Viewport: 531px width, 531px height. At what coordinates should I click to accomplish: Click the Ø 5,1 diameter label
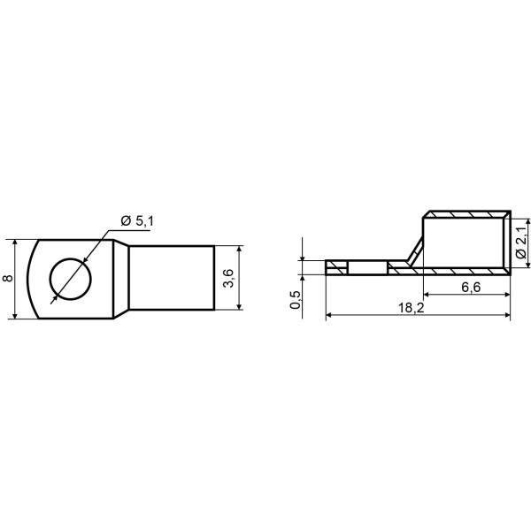tap(137, 221)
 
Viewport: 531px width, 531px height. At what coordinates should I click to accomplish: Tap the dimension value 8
tap(8, 279)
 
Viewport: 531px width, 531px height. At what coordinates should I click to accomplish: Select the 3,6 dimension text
tap(229, 279)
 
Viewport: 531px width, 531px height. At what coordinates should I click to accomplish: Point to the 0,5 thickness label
tap(296, 300)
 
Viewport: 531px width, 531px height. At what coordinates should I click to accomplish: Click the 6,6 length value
tap(471, 287)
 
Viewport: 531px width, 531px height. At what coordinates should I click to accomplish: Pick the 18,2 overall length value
tap(412, 308)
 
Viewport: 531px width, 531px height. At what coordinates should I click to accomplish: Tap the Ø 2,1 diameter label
tap(522, 242)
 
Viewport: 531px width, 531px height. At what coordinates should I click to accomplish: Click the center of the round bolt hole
tap(71, 279)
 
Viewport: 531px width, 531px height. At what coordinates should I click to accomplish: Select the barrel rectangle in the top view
tap(172, 278)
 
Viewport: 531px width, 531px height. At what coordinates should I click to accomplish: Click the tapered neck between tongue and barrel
tap(121, 279)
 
